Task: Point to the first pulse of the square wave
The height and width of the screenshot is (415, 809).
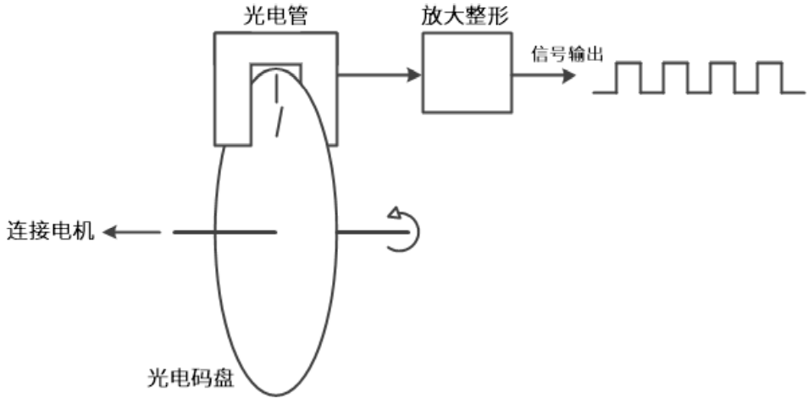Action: (628, 77)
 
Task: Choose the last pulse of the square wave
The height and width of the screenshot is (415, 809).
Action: (767, 77)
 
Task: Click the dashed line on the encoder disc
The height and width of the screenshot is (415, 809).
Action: (277, 110)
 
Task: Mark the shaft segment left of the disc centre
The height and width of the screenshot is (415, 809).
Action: (224, 231)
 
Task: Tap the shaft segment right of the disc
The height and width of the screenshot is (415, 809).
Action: (364, 231)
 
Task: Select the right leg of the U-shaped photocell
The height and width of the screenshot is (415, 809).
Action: (319, 102)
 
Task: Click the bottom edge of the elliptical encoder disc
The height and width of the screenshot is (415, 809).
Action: (276, 395)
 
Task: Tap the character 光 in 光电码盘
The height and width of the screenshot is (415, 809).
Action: (156, 373)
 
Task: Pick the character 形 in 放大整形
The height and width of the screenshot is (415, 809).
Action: (498, 17)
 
